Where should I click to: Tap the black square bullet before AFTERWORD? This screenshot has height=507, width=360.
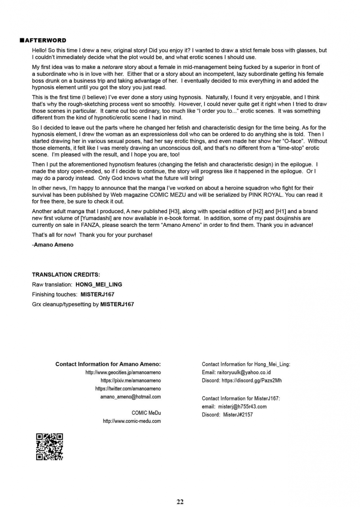tap(22, 40)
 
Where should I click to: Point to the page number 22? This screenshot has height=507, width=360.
tap(180, 502)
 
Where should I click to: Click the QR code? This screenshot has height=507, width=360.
tap(50, 447)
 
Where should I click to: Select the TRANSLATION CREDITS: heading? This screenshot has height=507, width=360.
tap(66, 274)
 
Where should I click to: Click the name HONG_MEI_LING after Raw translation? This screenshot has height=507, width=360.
tap(99, 284)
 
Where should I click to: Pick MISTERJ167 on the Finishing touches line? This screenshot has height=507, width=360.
tap(97, 294)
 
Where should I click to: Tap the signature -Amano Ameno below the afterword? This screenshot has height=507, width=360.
tap(53, 245)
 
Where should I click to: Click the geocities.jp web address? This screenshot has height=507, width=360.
tap(123, 372)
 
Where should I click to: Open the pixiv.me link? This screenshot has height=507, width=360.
tap(131, 381)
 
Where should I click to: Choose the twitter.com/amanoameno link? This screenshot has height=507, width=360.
tap(128, 389)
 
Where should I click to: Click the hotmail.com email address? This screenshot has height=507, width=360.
tap(131, 396)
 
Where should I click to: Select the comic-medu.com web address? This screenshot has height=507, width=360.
tap(132, 421)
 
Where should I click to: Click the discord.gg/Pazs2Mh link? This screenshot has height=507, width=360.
tap(251, 381)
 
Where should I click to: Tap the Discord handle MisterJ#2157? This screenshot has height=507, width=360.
tap(238, 415)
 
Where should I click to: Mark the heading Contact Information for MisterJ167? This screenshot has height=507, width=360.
tap(241, 398)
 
